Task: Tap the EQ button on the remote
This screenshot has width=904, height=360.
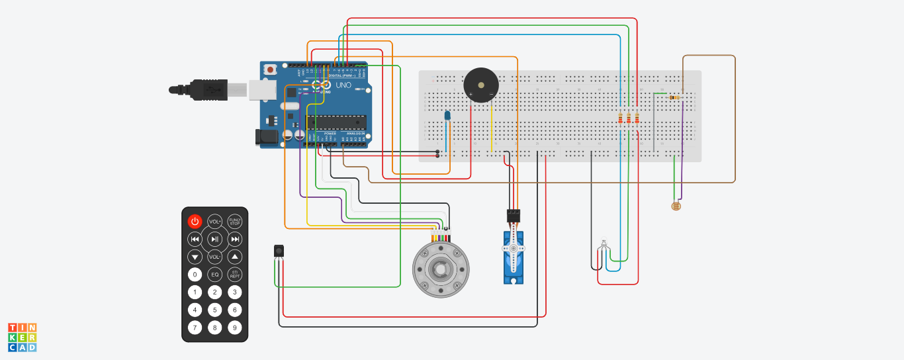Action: tap(214, 274)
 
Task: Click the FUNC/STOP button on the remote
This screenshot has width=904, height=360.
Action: tap(234, 221)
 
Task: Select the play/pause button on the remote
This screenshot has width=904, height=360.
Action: tap(214, 239)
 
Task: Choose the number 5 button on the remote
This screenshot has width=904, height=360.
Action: tap(214, 309)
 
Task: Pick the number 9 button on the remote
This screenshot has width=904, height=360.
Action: tap(234, 327)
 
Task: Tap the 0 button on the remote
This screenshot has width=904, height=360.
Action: tap(195, 274)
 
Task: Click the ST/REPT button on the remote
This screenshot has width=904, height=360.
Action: tap(234, 274)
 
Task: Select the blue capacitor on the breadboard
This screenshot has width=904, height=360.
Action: tap(447, 116)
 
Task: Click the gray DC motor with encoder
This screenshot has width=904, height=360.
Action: tap(441, 269)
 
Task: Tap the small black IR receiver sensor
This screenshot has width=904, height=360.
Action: tap(279, 251)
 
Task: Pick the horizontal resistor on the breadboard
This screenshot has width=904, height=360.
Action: tap(675, 98)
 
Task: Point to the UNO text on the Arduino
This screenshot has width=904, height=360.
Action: tap(343, 85)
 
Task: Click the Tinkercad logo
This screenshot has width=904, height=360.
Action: tap(23, 337)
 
